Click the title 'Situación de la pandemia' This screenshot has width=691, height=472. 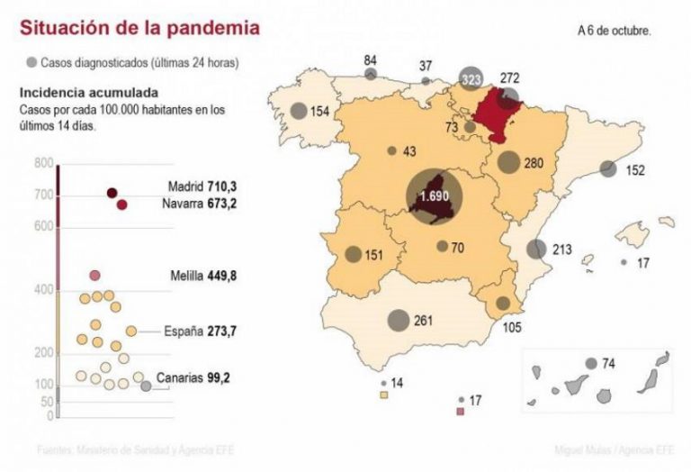coord(140,28)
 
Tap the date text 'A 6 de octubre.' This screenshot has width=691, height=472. coord(615,30)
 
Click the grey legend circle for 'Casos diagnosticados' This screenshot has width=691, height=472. coord(31,62)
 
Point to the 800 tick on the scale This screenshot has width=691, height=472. coord(43,163)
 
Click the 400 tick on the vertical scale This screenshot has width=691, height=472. coord(43,290)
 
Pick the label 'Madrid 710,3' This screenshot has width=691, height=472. coord(195,187)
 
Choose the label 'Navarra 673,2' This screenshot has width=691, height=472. coord(193,204)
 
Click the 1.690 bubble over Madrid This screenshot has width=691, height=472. coord(435,196)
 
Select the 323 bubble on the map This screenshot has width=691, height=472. coord(470,79)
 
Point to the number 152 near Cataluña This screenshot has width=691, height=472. coord(634,170)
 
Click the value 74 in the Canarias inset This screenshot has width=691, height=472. coord(608,364)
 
